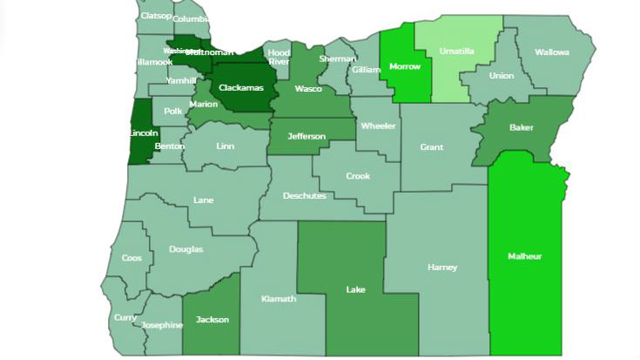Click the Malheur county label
pos(525,256)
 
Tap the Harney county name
pos(442,267)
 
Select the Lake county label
pos(355,290)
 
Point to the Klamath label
pos(279,299)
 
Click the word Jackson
pos(212,320)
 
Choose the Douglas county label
pos(186,249)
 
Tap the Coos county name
pos(132,258)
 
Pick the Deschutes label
pos(304,196)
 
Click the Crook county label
pos(358,176)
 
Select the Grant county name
pos(432,147)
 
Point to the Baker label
pos(521,127)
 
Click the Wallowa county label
pos(552,52)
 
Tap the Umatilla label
pos(456,51)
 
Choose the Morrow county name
pos(405,66)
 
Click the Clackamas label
pos(241,88)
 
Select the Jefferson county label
pos(306,136)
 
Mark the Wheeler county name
pos(378,126)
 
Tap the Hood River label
pos(279,57)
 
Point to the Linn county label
pos(225,146)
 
